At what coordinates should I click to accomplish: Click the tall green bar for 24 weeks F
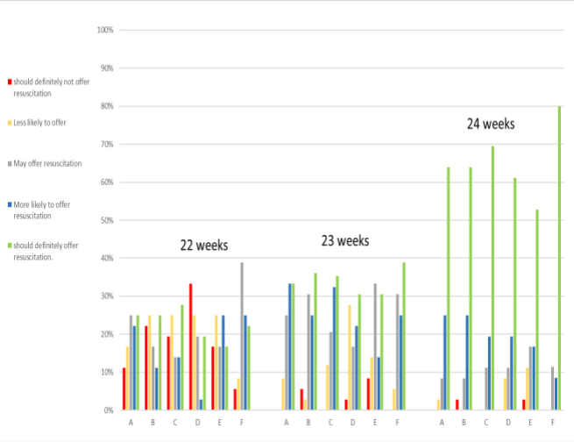[558, 259]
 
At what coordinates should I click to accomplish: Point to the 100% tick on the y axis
[105, 30]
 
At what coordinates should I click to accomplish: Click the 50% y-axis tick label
[107, 220]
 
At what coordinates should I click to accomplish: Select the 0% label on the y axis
[109, 410]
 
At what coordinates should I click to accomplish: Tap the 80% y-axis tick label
[107, 106]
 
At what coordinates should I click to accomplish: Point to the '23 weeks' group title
[345, 240]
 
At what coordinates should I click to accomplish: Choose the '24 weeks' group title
[490, 125]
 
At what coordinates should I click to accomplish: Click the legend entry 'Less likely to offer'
[39, 123]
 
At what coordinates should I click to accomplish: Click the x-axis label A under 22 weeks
[131, 422]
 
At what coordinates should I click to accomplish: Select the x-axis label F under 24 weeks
[552, 422]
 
